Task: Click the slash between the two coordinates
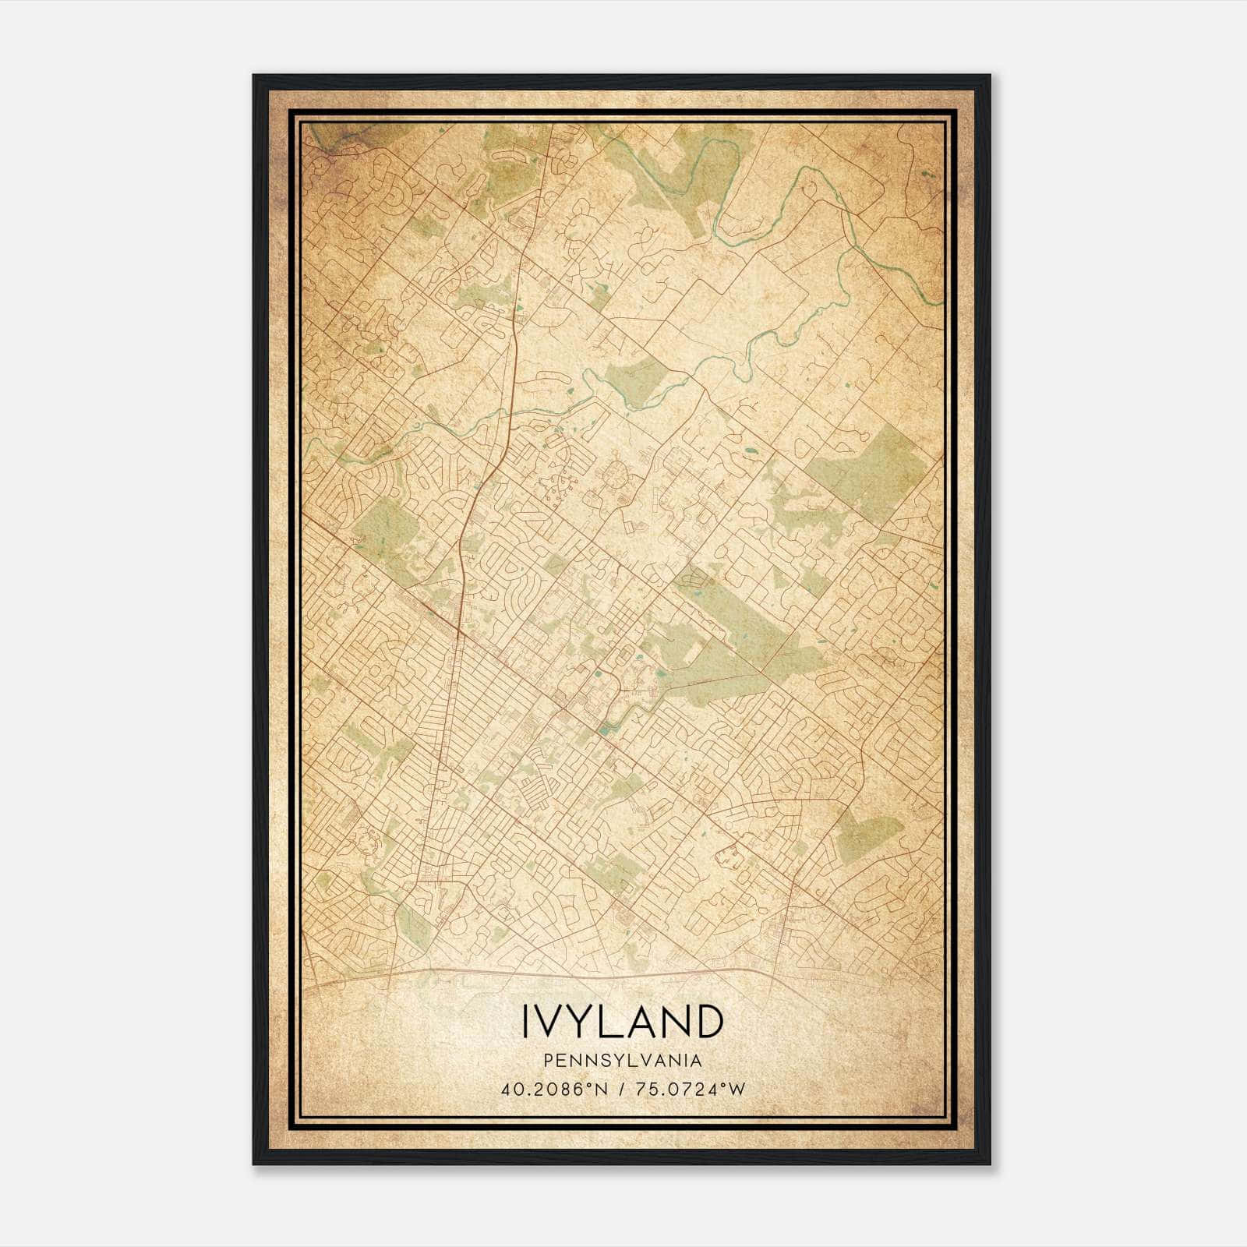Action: click(622, 1090)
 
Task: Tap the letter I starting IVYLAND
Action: click(525, 1022)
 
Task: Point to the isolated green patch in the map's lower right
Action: click(869, 830)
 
